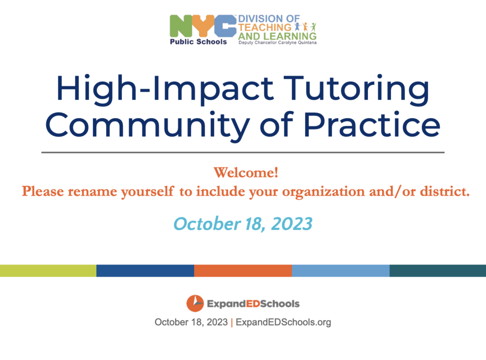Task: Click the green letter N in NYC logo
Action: pos(181,26)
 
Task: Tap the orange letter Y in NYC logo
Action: pos(203,26)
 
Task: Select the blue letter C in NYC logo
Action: pos(224,26)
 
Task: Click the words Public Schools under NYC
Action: pos(198,41)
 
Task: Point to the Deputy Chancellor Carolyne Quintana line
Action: pos(277,43)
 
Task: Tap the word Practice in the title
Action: pos(372,124)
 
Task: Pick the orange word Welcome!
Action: pos(246,172)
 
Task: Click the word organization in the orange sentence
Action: pos(323,192)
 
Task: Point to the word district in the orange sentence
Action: pos(445,191)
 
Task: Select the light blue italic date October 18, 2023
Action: pos(243,224)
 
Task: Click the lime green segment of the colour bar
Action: pos(48,271)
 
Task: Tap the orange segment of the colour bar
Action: pos(243,271)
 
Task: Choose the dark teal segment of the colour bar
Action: pos(438,271)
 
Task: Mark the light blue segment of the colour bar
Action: pos(341,271)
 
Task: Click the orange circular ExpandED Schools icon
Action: pos(195,303)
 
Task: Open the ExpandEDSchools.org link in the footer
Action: pos(283,322)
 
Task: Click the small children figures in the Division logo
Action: pos(305,27)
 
